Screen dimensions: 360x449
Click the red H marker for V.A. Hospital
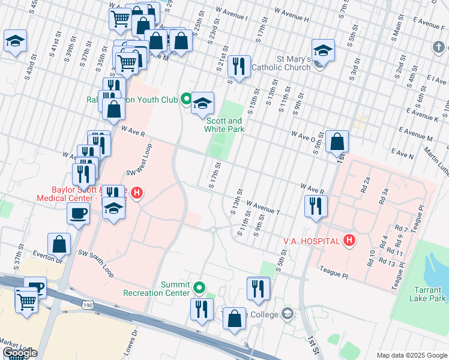349,241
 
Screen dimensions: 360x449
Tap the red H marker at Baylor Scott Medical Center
137,193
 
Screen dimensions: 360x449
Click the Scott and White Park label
223,124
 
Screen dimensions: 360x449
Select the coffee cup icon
79,213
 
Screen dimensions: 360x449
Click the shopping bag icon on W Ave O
338,142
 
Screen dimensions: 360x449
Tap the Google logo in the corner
20,353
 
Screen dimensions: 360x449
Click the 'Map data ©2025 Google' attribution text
411,355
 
